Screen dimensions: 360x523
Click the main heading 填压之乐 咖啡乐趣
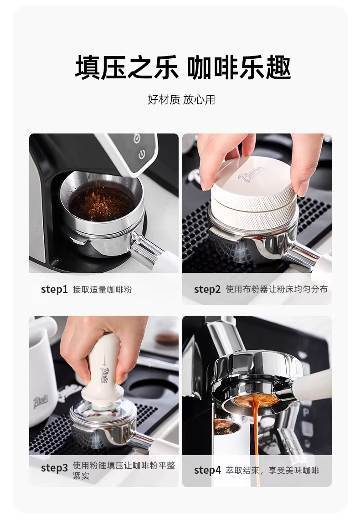(x=183, y=68)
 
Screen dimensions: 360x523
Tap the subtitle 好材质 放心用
(x=181, y=99)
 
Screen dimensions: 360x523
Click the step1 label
(x=54, y=290)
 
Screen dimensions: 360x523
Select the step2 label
(x=207, y=290)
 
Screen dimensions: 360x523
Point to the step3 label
(x=54, y=468)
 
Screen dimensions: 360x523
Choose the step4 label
(x=207, y=470)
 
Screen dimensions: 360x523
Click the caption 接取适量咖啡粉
(x=103, y=290)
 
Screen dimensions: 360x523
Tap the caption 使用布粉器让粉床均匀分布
(x=277, y=289)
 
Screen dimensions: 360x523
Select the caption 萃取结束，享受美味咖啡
(x=273, y=471)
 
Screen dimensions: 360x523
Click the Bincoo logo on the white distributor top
(x=252, y=174)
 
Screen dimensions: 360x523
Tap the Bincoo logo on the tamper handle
(x=104, y=374)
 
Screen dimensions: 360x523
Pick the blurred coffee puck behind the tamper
(x=168, y=338)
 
